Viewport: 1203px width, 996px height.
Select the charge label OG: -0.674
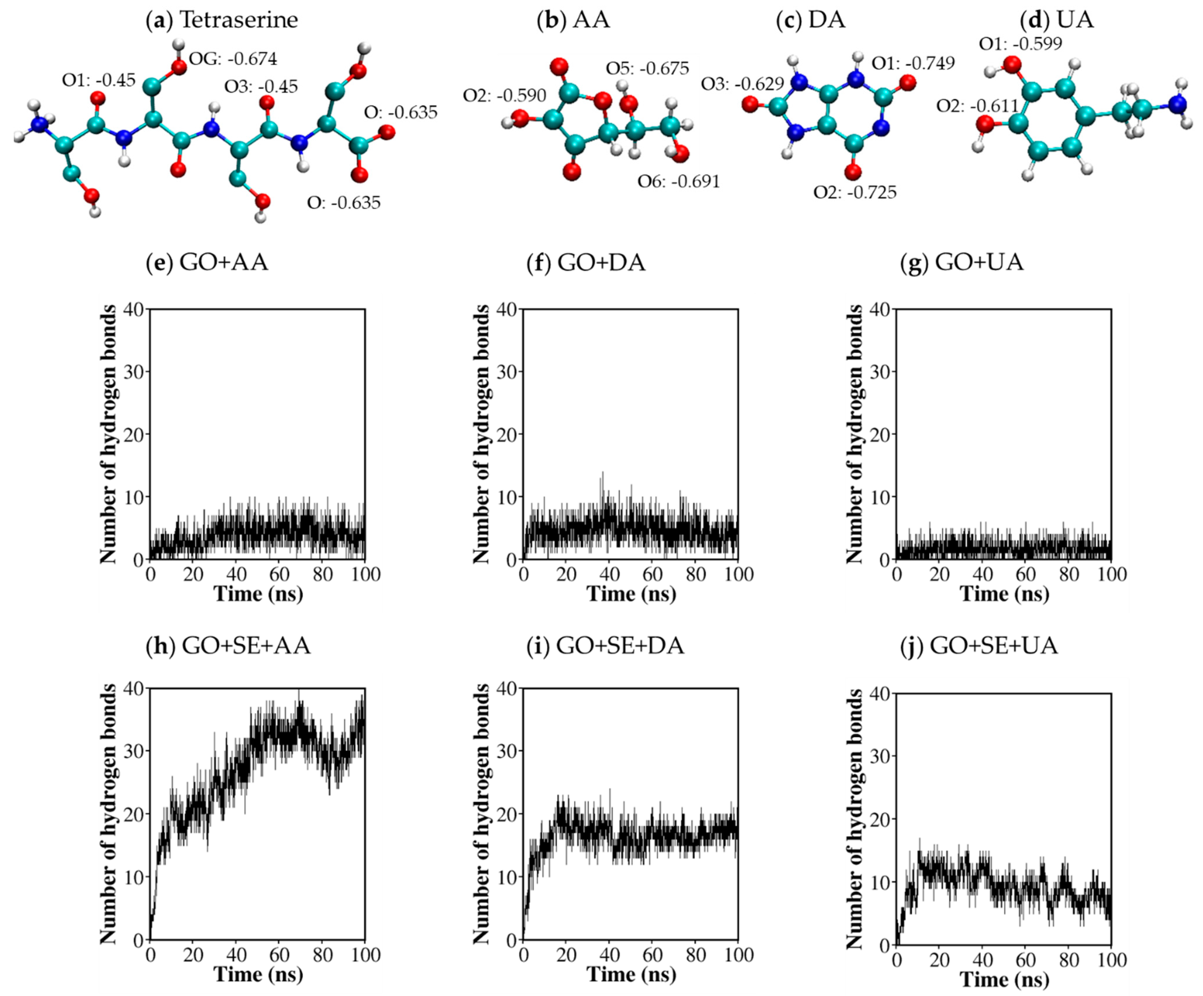(x=233, y=58)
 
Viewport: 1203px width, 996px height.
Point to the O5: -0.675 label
(x=647, y=68)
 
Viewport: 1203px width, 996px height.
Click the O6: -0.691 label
(x=679, y=182)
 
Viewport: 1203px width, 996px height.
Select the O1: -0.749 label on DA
(x=913, y=63)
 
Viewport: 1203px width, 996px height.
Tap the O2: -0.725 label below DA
(x=855, y=192)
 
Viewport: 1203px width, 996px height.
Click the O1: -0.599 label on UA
(x=1020, y=44)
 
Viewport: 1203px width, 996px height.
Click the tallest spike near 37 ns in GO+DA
(x=602, y=473)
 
